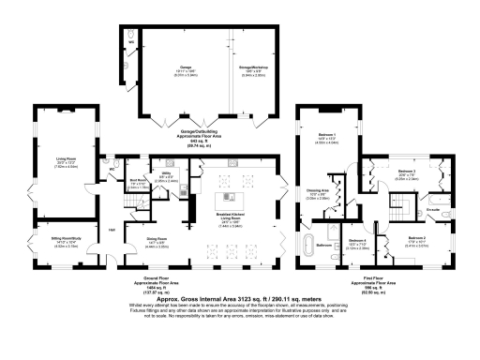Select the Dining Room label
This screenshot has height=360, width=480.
pyautogui.click(x=157, y=241)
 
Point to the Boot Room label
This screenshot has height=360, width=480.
pyautogui.click(x=137, y=183)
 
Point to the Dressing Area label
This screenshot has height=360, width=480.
pyautogui.click(x=320, y=194)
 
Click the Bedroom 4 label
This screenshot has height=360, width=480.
pyautogui.click(x=357, y=243)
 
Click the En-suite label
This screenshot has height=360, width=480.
pyautogui.click(x=432, y=207)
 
